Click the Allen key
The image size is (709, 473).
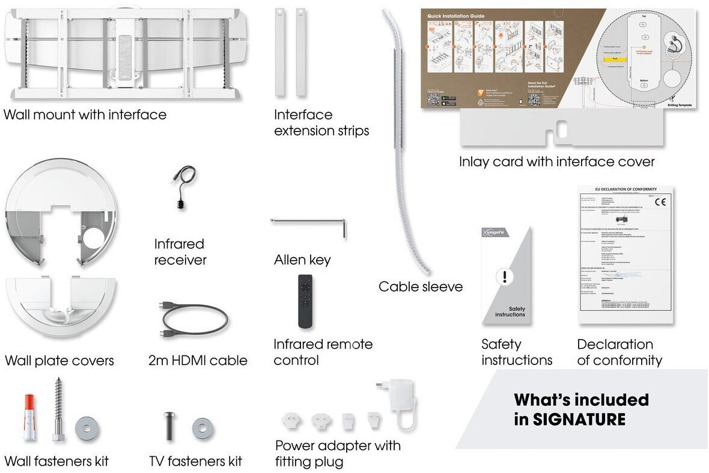(309, 223)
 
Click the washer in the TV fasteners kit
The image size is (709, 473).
(202, 427)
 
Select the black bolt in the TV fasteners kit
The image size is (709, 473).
(169, 426)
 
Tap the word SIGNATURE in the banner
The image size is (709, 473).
(579, 419)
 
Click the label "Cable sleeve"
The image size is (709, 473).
(421, 287)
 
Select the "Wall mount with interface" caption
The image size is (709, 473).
(85, 115)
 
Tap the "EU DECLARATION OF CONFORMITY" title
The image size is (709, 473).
(625, 188)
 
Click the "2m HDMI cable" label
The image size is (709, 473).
(198, 361)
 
